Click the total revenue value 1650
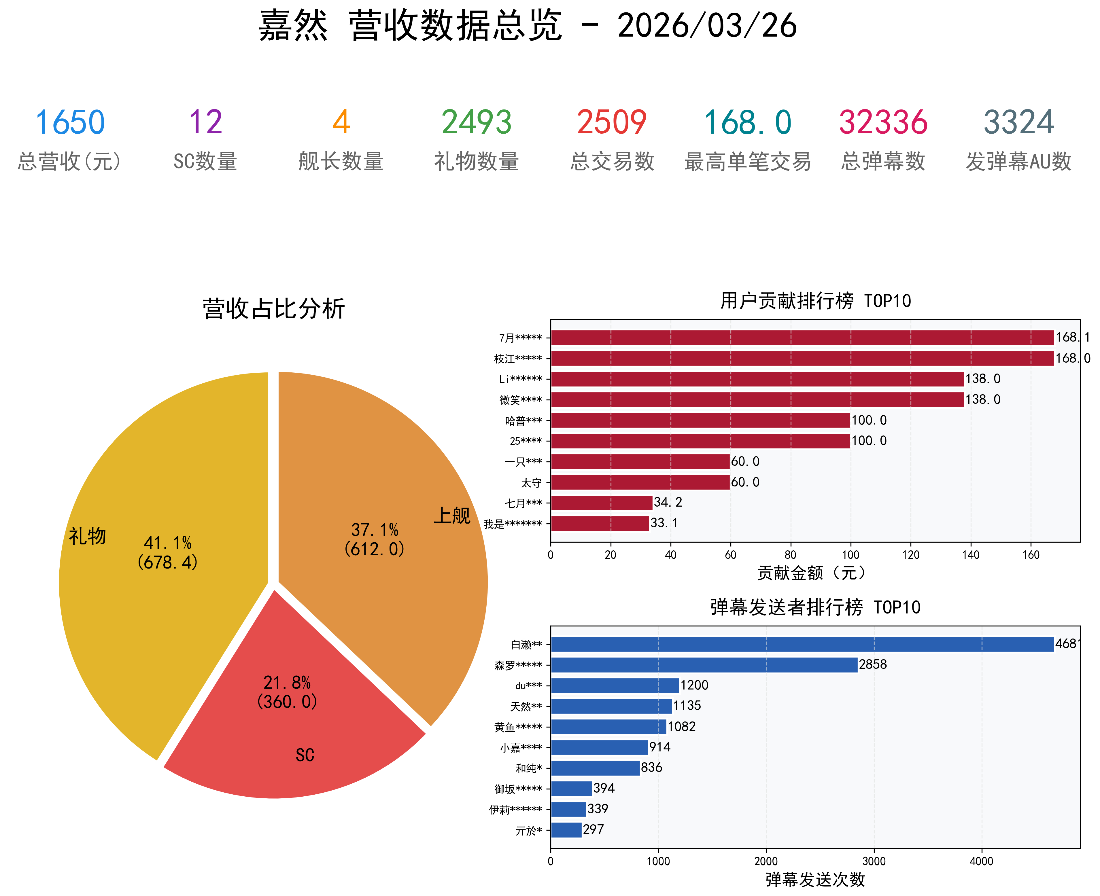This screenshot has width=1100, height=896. (x=70, y=123)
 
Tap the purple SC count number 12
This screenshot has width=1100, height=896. (x=205, y=123)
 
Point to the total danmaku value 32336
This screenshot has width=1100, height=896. (x=883, y=123)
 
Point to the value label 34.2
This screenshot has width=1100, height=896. (x=668, y=502)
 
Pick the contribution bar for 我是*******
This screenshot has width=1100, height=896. (x=600, y=523)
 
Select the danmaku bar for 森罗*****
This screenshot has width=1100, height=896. (x=704, y=665)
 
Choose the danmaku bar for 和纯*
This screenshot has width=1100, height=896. (x=595, y=768)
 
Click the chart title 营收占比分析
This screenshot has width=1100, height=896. (x=274, y=309)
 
